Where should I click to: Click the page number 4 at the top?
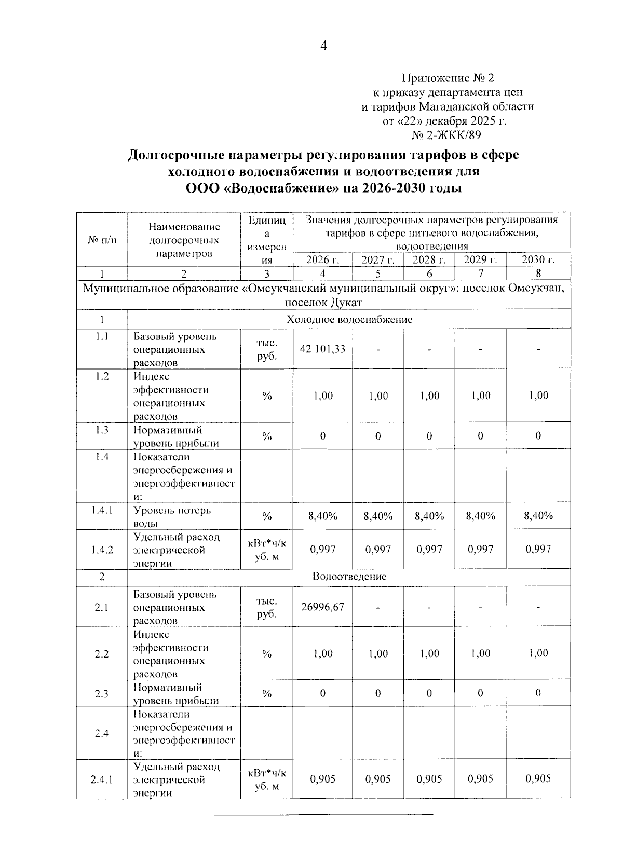click(x=323, y=47)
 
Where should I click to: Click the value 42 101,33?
click(x=322, y=349)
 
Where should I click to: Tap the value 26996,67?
click(x=322, y=607)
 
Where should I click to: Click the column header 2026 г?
click(x=322, y=260)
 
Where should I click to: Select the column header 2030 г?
click(x=538, y=259)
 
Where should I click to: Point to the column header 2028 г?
click(x=429, y=260)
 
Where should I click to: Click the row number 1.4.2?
click(x=102, y=550)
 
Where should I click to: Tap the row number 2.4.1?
click(x=102, y=779)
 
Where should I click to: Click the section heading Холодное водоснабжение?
click(x=349, y=320)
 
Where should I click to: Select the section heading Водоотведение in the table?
click(x=349, y=577)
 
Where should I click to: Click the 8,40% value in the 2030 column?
click(x=538, y=516)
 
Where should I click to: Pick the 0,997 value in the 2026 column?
click(x=322, y=549)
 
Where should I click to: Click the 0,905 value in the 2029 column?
click(x=480, y=779)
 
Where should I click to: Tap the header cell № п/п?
click(x=102, y=240)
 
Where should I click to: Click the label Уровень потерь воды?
click(x=172, y=516)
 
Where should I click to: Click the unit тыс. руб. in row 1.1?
click(x=266, y=349)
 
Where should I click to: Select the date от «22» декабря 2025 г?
click(x=444, y=121)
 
